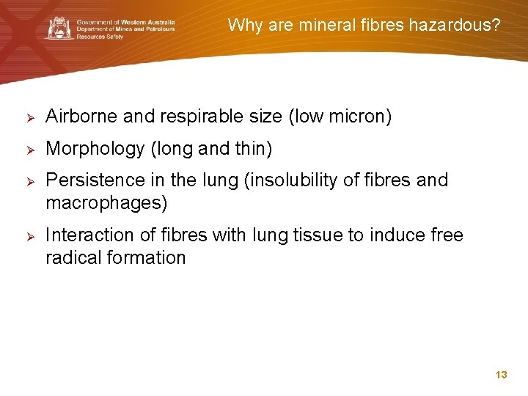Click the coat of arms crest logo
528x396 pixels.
click(x=59, y=28)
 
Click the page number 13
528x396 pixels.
click(x=502, y=375)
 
